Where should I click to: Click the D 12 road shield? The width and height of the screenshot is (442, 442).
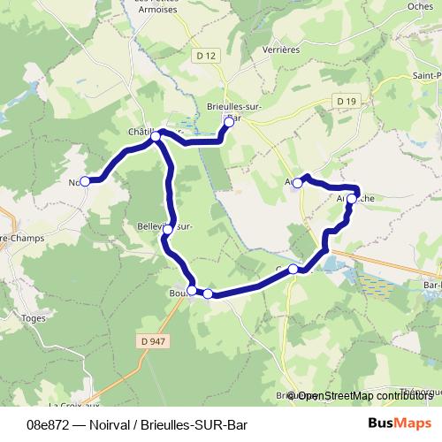208,55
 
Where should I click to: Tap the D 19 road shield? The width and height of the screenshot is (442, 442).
347,102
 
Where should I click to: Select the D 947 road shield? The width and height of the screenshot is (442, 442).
153,339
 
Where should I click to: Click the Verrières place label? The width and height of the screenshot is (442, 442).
282,50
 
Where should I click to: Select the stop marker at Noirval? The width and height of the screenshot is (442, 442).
85,181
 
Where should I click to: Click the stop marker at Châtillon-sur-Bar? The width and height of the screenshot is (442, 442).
156,137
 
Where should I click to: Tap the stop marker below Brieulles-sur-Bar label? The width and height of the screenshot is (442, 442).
228,124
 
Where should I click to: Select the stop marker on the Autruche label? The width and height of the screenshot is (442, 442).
351,200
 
